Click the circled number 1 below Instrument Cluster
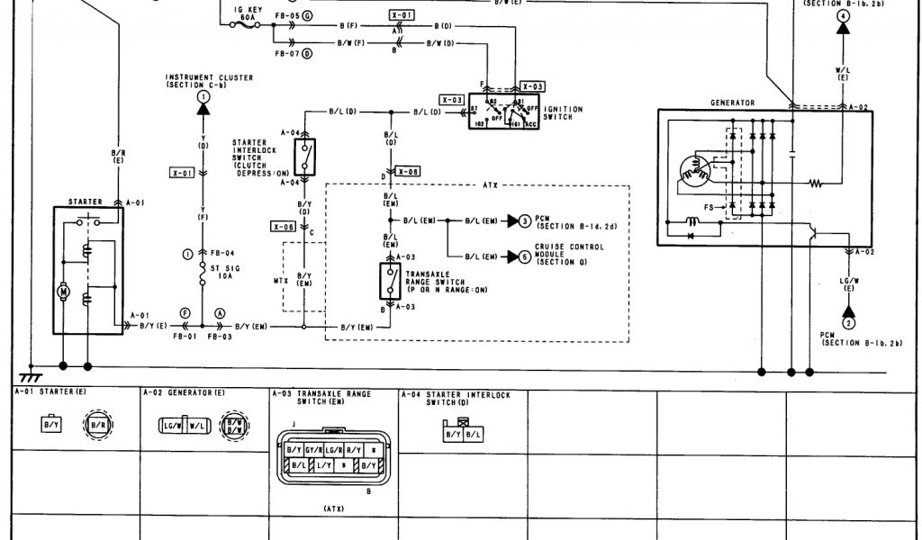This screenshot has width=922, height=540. [x=204, y=95]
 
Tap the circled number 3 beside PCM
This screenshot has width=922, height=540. [x=525, y=220]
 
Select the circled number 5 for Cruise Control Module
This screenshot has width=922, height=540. [x=525, y=256]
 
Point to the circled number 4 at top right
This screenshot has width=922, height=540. [x=842, y=17]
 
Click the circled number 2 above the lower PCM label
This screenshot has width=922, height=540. [x=847, y=320]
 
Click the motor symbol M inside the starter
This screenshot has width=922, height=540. [x=63, y=290]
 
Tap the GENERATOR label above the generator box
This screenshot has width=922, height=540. [x=732, y=103]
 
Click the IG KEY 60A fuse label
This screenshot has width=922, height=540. [x=245, y=11]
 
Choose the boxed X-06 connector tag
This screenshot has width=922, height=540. [x=284, y=228]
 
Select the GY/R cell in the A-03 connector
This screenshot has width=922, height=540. [x=314, y=449]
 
